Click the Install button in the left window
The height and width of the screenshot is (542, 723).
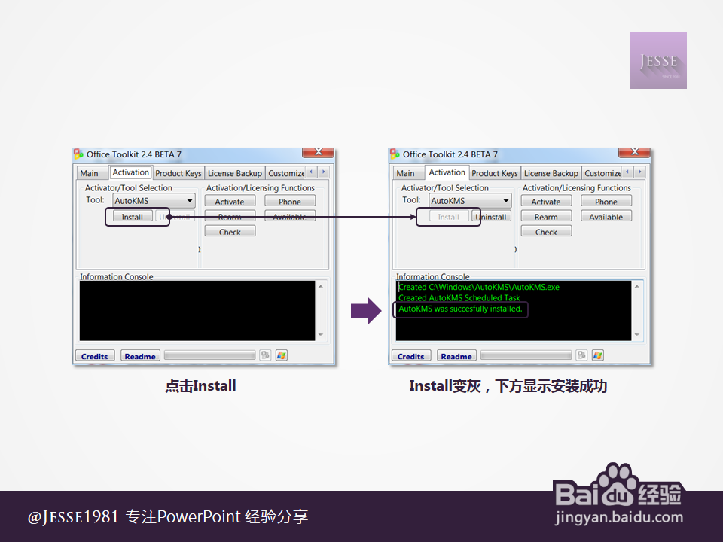pos(133,217)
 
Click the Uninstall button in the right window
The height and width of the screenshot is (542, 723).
pos(491,217)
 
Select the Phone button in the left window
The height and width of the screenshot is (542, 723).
pos(290,201)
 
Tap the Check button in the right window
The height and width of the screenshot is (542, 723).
pos(546,232)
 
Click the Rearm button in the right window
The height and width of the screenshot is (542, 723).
pos(546,217)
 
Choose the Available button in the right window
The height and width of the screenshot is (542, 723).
pos(606,217)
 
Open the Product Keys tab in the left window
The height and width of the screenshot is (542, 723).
pos(178,173)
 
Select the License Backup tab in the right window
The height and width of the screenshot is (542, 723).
pos(551,173)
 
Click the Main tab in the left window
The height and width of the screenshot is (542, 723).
pos(89,173)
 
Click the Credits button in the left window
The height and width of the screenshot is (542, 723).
pos(95,356)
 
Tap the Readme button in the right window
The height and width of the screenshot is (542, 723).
pos(456,356)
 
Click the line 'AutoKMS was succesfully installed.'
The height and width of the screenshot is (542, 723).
pos(460,309)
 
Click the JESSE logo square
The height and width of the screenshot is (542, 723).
pos(658,60)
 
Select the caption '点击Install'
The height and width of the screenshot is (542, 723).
pos(201,386)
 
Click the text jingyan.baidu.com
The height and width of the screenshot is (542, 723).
pos(618,518)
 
